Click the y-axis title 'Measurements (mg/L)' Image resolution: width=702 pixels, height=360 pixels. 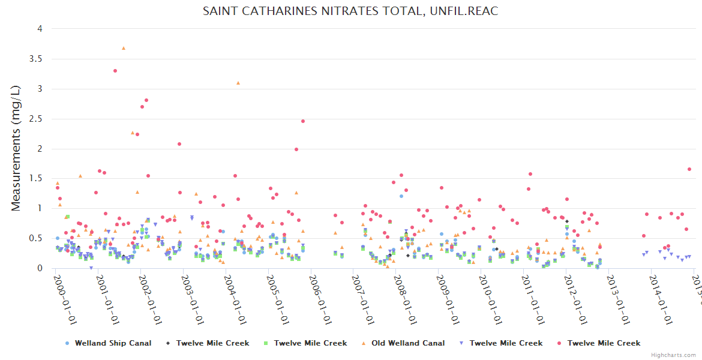[x=16, y=148]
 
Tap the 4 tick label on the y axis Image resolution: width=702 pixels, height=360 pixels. [x=39, y=29]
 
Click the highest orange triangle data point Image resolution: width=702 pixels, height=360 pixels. [x=124, y=48]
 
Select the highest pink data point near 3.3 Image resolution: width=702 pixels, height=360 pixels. [x=115, y=71]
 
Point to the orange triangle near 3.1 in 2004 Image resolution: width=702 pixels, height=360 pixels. [x=238, y=83]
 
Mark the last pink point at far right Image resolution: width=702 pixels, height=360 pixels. [x=689, y=169]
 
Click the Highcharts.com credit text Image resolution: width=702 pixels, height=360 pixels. [x=674, y=355]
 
